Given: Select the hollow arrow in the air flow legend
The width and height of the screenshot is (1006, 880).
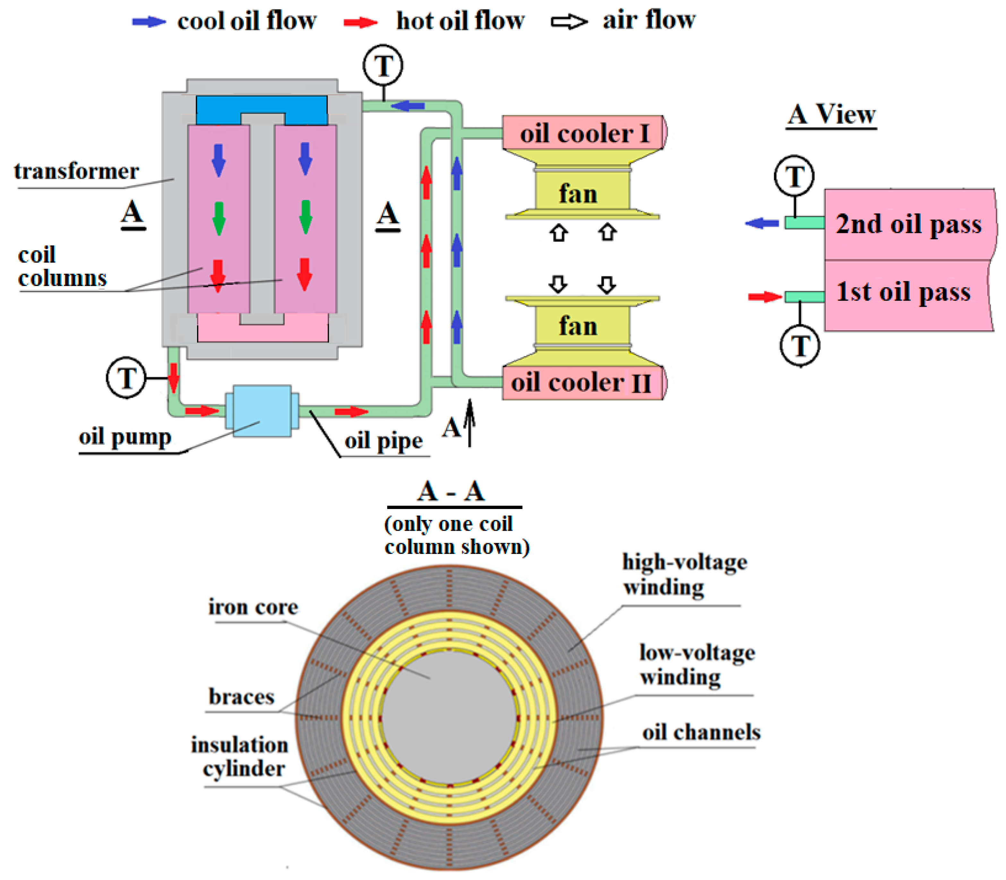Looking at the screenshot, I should tap(569, 22).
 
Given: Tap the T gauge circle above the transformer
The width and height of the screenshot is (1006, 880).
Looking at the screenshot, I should tap(383, 65).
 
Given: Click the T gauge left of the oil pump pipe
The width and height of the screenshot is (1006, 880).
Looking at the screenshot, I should tap(126, 378).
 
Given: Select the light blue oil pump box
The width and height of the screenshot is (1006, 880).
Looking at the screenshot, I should tap(262, 410).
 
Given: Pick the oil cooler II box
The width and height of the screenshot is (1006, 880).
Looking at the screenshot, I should tap(582, 383).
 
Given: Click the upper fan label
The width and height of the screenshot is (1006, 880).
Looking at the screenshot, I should tap(578, 194).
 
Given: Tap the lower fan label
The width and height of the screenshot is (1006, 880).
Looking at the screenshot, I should tap(578, 326).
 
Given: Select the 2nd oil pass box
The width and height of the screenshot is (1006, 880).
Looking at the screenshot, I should tap(909, 224).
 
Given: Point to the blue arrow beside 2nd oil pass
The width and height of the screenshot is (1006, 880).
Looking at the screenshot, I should tap(761, 223).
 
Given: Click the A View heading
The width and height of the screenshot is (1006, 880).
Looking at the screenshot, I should tap(831, 115).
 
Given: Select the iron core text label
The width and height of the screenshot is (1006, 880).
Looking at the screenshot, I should tap(253, 607).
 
